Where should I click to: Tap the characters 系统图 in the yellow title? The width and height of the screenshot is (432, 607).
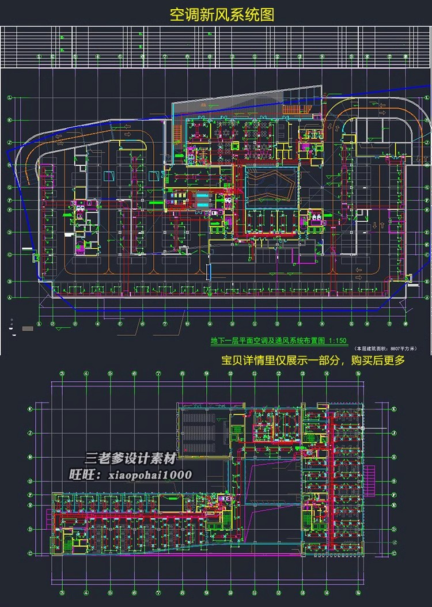(248, 14)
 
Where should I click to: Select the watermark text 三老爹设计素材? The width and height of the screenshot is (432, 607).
(130, 460)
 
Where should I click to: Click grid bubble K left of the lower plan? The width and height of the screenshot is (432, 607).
(29, 409)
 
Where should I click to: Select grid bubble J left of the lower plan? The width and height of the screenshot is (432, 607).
(29, 433)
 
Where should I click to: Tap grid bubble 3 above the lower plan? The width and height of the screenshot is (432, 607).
(62, 373)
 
